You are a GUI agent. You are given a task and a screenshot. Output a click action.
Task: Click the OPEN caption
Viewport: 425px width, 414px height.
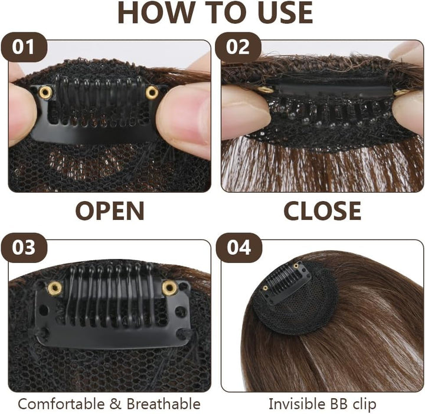pyautogui.click(x=110, y=211)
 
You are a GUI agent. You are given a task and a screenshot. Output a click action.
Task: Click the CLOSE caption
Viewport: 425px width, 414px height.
pyautogui.click(x=322, y=211)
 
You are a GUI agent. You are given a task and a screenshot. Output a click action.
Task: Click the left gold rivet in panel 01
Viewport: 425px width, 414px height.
pyautogui.click(x=45, y=92)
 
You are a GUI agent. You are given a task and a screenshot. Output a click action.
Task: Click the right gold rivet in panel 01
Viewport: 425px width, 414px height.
pyautogui.click(x=152, y=92)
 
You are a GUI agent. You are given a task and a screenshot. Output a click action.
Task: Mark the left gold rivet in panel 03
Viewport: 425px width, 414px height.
pyautogui.click(x=55, y=288)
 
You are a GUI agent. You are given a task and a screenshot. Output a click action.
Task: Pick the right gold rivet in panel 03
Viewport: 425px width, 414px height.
pyautogui.click(x=169, y=288)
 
